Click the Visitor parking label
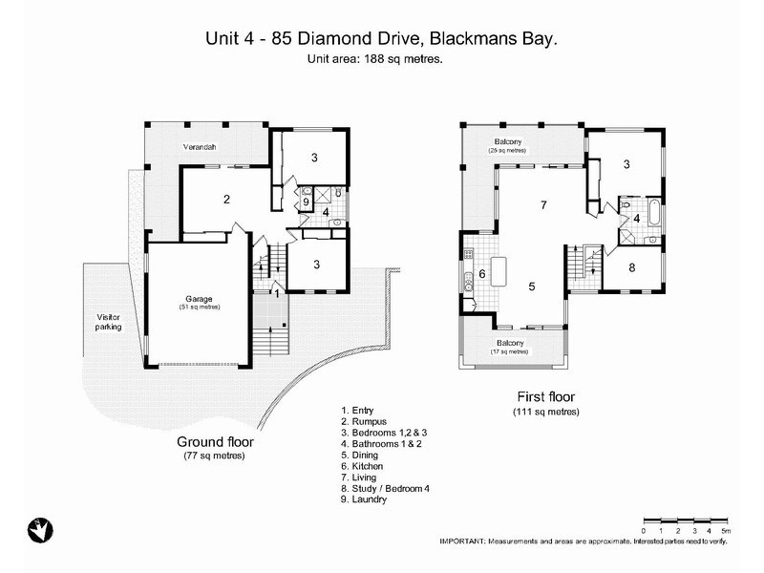tap(108, 322)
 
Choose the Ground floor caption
tap(215, 442)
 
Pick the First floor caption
tap(545, 396)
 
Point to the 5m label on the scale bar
tap(726, 530)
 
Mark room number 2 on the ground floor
tap(226, 200)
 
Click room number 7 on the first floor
tap(542, 205)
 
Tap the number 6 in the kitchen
tap(481, 274)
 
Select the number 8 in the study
tap(631, 268)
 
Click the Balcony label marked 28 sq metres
tap(507, 145)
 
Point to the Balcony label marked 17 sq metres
tap(508, 346)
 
